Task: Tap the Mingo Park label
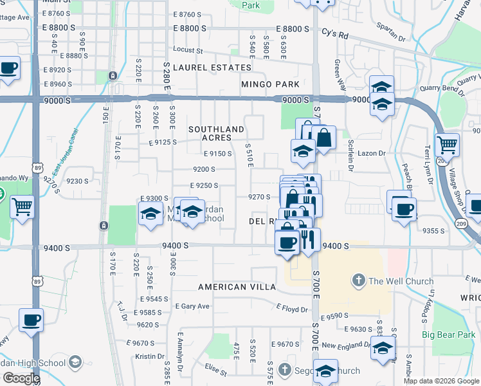click(x=270, y=84)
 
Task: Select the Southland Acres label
click(x=216, y=134)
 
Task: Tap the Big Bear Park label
click(x=451, y=335)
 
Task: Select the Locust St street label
click(x=188, y=50)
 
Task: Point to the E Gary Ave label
click(x=192, y=306)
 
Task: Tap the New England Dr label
click(x=347, y=346)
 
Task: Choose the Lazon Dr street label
click(x=372, y=153)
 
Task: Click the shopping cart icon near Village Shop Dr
click(x=447, y=144)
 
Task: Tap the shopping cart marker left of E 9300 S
click(x=22, y=207)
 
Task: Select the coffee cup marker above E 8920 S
click(x=8, y=68)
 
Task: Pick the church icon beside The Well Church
click(x=358, y=280)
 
